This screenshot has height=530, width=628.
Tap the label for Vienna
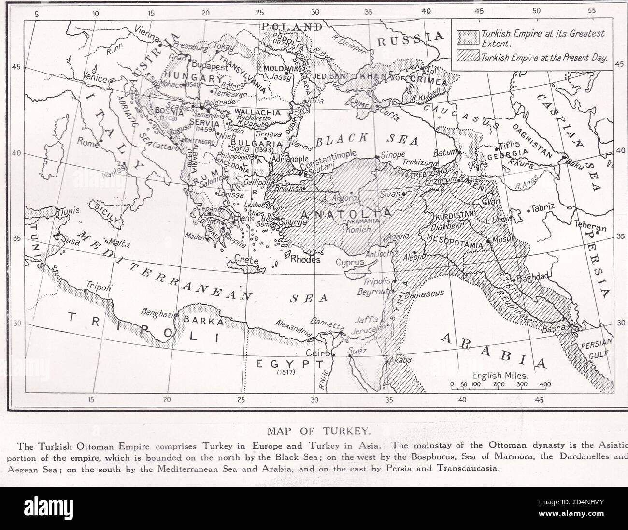point(147,31)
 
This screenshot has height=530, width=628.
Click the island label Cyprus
point(350,262)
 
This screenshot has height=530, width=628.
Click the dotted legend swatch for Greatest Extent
point(467,38)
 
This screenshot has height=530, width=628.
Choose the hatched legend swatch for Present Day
point(467,57)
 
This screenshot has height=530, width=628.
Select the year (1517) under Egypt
point(287,372)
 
